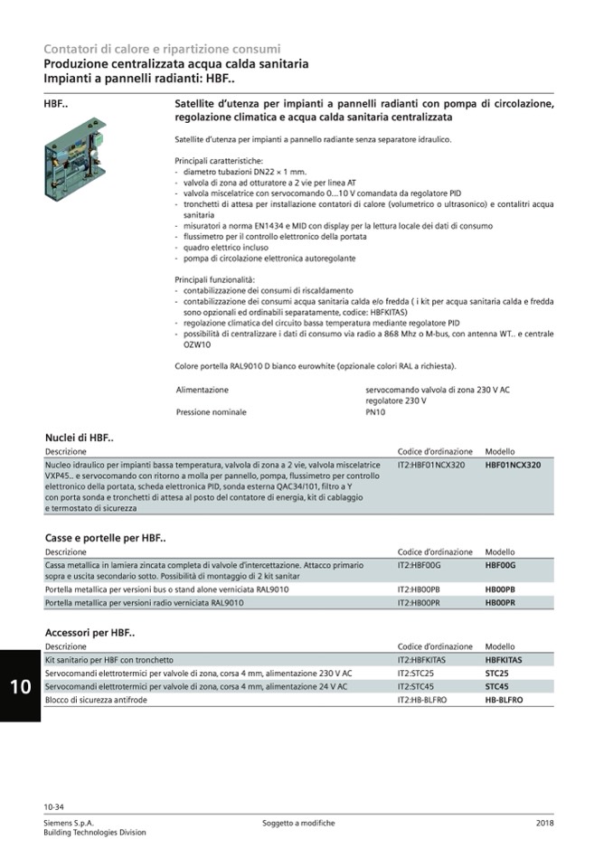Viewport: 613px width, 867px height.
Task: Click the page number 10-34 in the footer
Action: click(53, 806)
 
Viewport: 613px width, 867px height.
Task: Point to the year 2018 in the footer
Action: click(544, 823)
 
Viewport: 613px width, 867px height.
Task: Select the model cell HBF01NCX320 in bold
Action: click(513, 465)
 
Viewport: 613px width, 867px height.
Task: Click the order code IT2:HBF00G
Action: click(419, 564)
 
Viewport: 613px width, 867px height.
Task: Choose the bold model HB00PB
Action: click(500, 589)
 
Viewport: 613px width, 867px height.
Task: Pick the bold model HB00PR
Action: click(500, 602)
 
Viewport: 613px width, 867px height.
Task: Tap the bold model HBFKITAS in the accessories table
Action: click(504, 660)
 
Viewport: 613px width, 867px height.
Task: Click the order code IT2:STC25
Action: click(416, 674)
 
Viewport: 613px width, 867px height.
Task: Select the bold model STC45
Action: click(496, 686)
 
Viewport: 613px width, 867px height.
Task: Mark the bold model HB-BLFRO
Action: click(504, 700)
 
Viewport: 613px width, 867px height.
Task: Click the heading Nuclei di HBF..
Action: click(80, 438)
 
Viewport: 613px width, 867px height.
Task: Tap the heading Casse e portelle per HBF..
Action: click(105, 538)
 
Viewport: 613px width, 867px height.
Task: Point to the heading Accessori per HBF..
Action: click(90, 633)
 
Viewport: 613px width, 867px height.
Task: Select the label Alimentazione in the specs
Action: click(202, 390)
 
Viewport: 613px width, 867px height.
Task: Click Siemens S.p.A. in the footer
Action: click(69, 823)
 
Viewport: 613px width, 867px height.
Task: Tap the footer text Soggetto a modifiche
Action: click(298, 823)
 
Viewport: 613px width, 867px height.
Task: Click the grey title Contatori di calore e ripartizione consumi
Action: click(162, 49)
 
